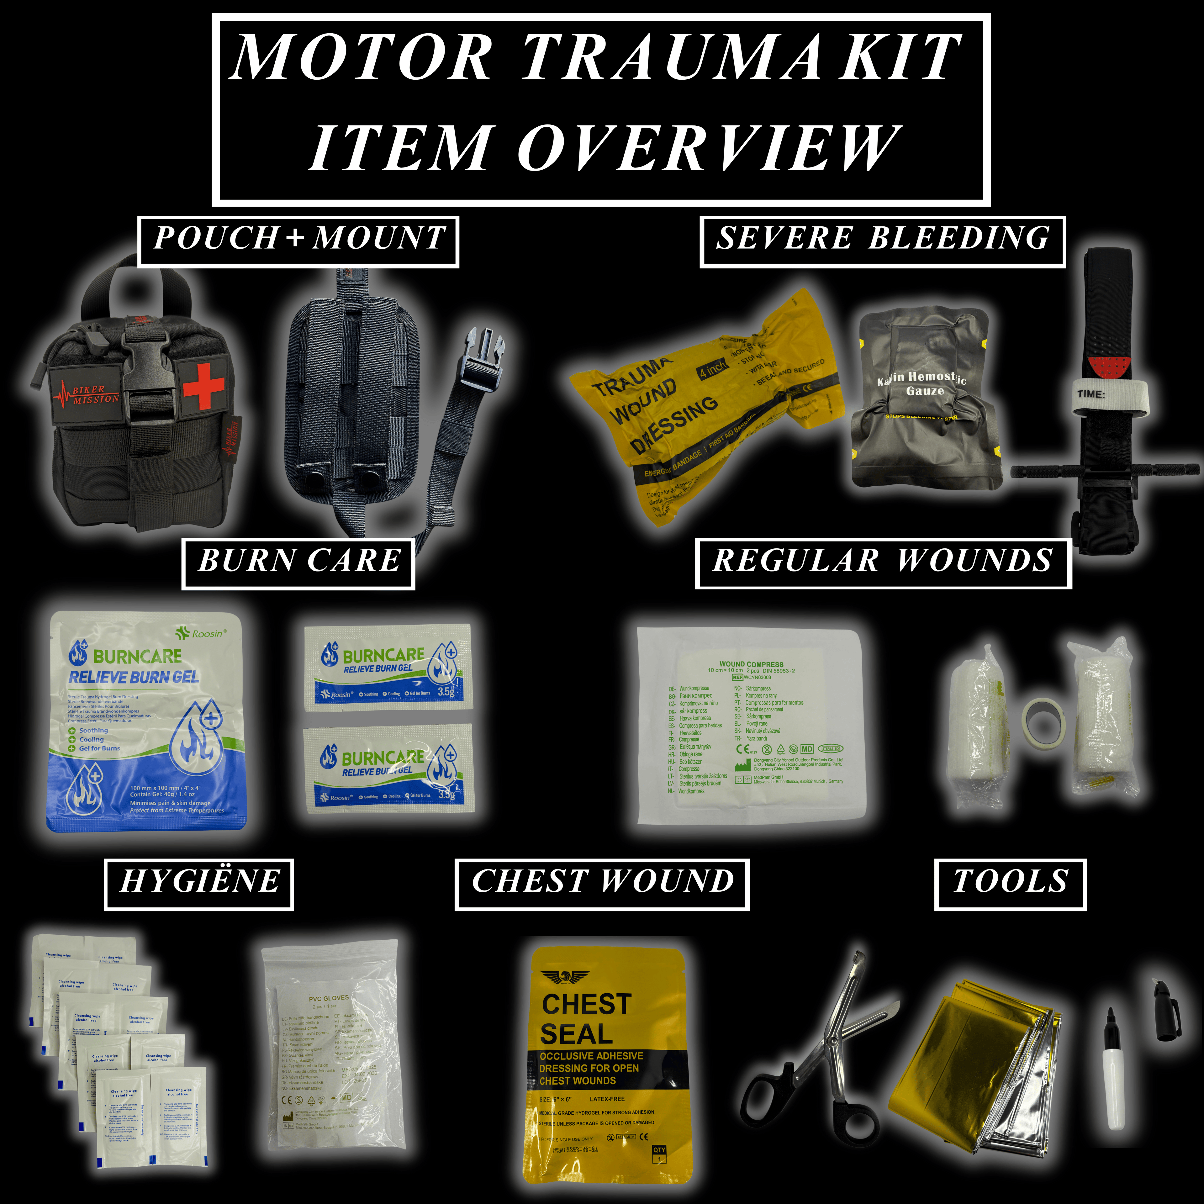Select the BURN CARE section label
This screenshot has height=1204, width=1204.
tap(298, 561)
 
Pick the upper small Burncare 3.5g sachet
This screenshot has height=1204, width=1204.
tap(388, 668)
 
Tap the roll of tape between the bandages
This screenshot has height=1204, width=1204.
tap(1044, 723)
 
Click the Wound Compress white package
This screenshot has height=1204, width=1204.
tap(751, 726)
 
